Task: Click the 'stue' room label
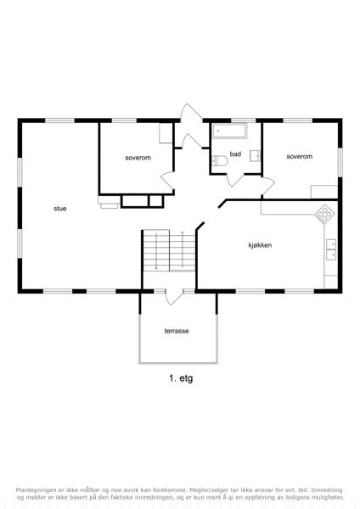point(60,209)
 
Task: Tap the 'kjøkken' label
point(260,245)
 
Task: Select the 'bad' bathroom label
point(235,154)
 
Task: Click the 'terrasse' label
point(177,331)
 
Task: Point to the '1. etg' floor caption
point(181,378)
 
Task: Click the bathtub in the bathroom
point(229,131)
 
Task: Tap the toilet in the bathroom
point(219,161)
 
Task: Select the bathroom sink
point(255,156)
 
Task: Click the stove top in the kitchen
point(325,214)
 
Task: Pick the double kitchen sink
point(331,249)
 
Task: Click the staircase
point(169,250)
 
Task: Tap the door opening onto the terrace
point(174,297)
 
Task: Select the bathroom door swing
point(234,181)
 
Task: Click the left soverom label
point(138,158)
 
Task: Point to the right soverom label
point(300,156)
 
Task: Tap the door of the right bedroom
point(268,187)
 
